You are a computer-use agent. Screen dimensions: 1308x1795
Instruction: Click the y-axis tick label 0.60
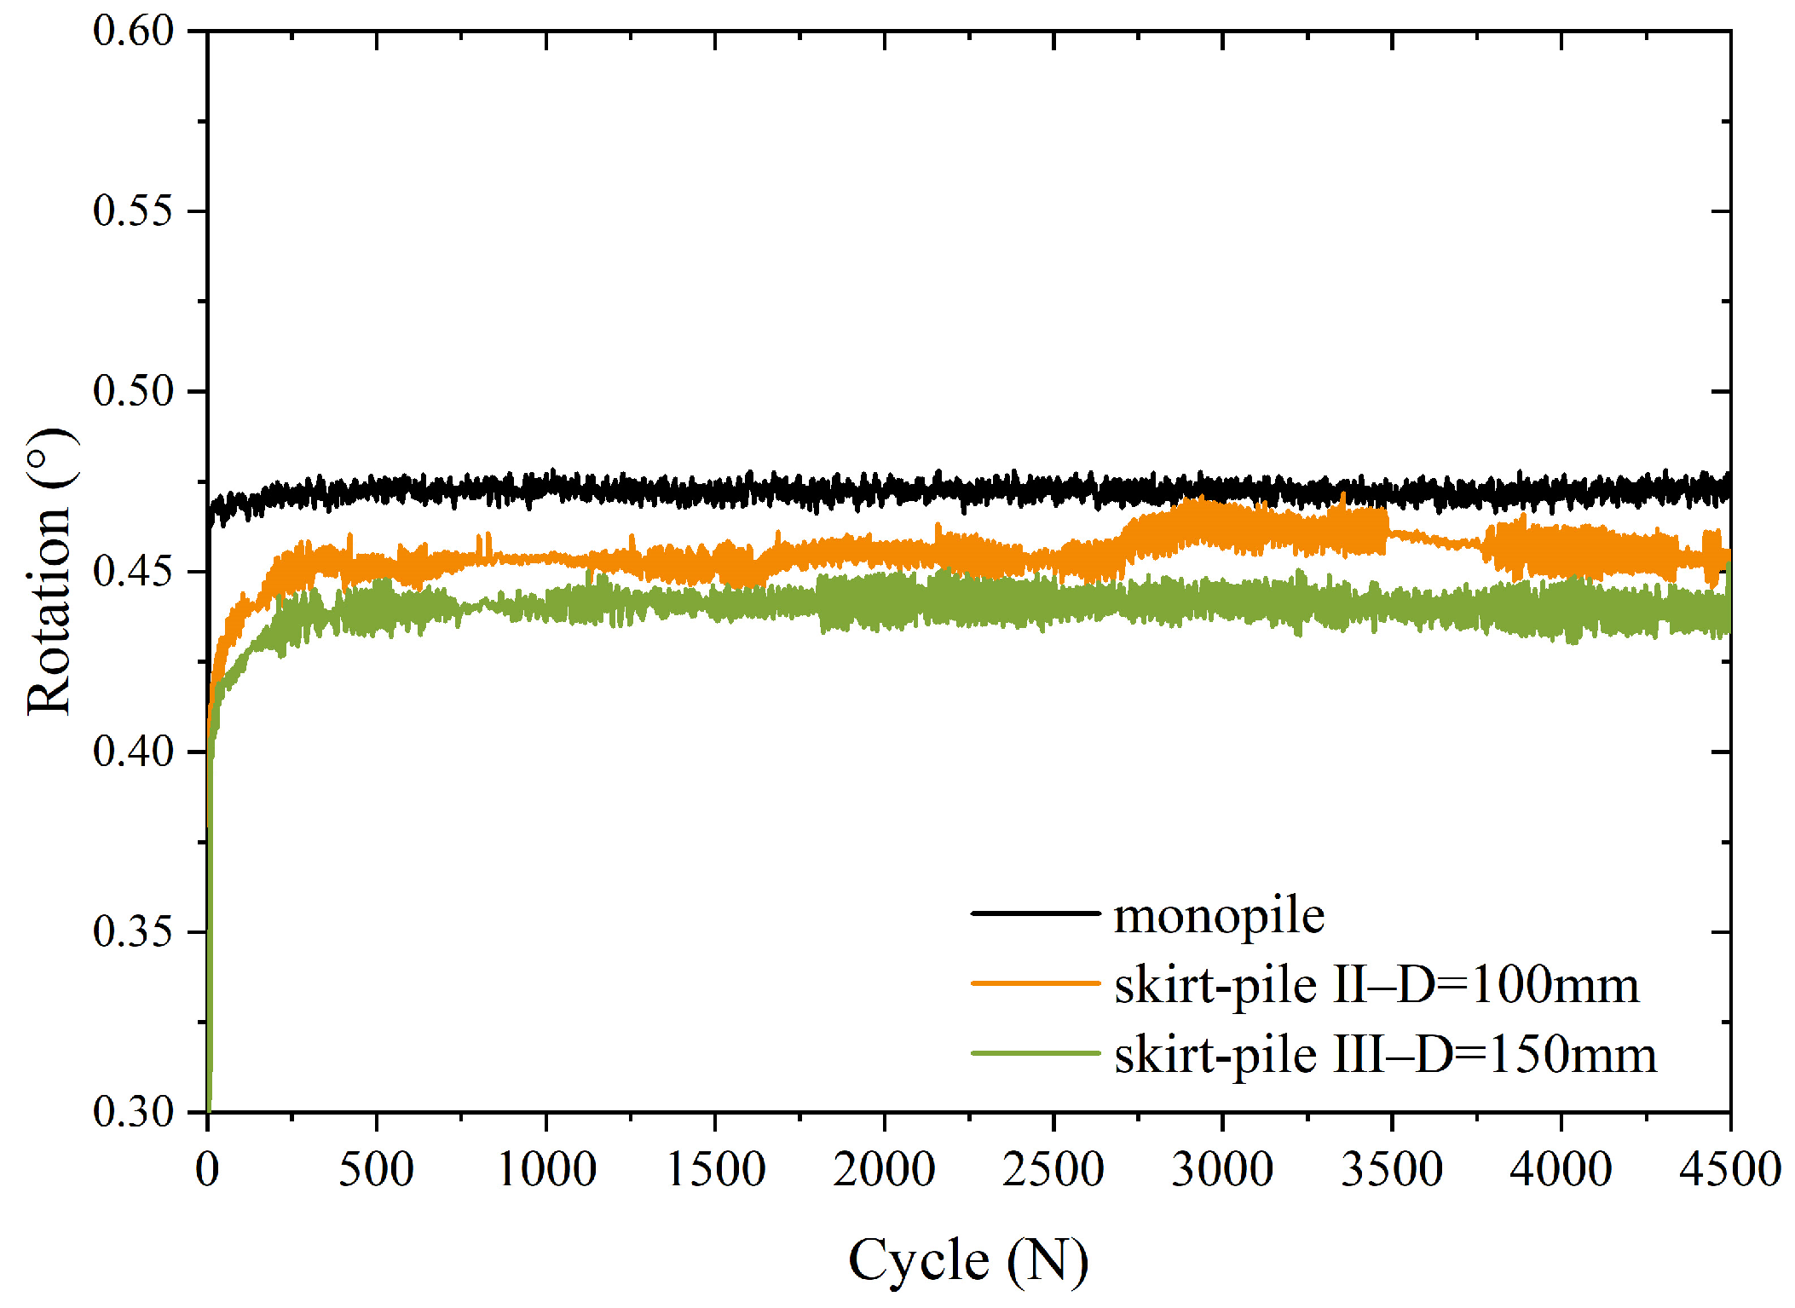(133, 31)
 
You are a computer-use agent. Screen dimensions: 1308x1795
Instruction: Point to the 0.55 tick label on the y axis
(133, 210)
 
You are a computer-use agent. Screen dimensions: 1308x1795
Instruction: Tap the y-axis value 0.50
(133, 391)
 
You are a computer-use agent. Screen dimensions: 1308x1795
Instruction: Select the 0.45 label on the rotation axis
(133, 571)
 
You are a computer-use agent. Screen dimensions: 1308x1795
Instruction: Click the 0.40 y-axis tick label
(133, 752)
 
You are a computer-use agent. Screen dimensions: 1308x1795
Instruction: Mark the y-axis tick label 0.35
(133, 931)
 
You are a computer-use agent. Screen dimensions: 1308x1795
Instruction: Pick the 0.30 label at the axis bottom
(133, 1111)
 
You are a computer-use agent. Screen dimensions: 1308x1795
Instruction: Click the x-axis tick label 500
(376, 1170)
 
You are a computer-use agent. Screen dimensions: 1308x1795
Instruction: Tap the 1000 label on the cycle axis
(545, 1170)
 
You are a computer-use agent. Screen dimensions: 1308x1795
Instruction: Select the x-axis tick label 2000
(884, 1170)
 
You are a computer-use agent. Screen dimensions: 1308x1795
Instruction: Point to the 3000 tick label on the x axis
(1222, 1170)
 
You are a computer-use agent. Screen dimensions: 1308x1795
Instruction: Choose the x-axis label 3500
(1392, 1170)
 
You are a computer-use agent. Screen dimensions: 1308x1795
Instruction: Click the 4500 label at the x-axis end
(1729, 1170)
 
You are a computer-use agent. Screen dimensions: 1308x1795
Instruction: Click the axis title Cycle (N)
(968, 1260)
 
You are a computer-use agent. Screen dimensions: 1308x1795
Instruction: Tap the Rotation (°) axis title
(49, 571)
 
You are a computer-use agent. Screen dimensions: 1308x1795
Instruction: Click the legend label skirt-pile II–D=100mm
(1377, 986)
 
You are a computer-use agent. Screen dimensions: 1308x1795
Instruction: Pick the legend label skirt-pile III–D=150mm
(1385, 1056)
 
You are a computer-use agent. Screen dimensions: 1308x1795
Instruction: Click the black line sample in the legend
(1036, 913)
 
